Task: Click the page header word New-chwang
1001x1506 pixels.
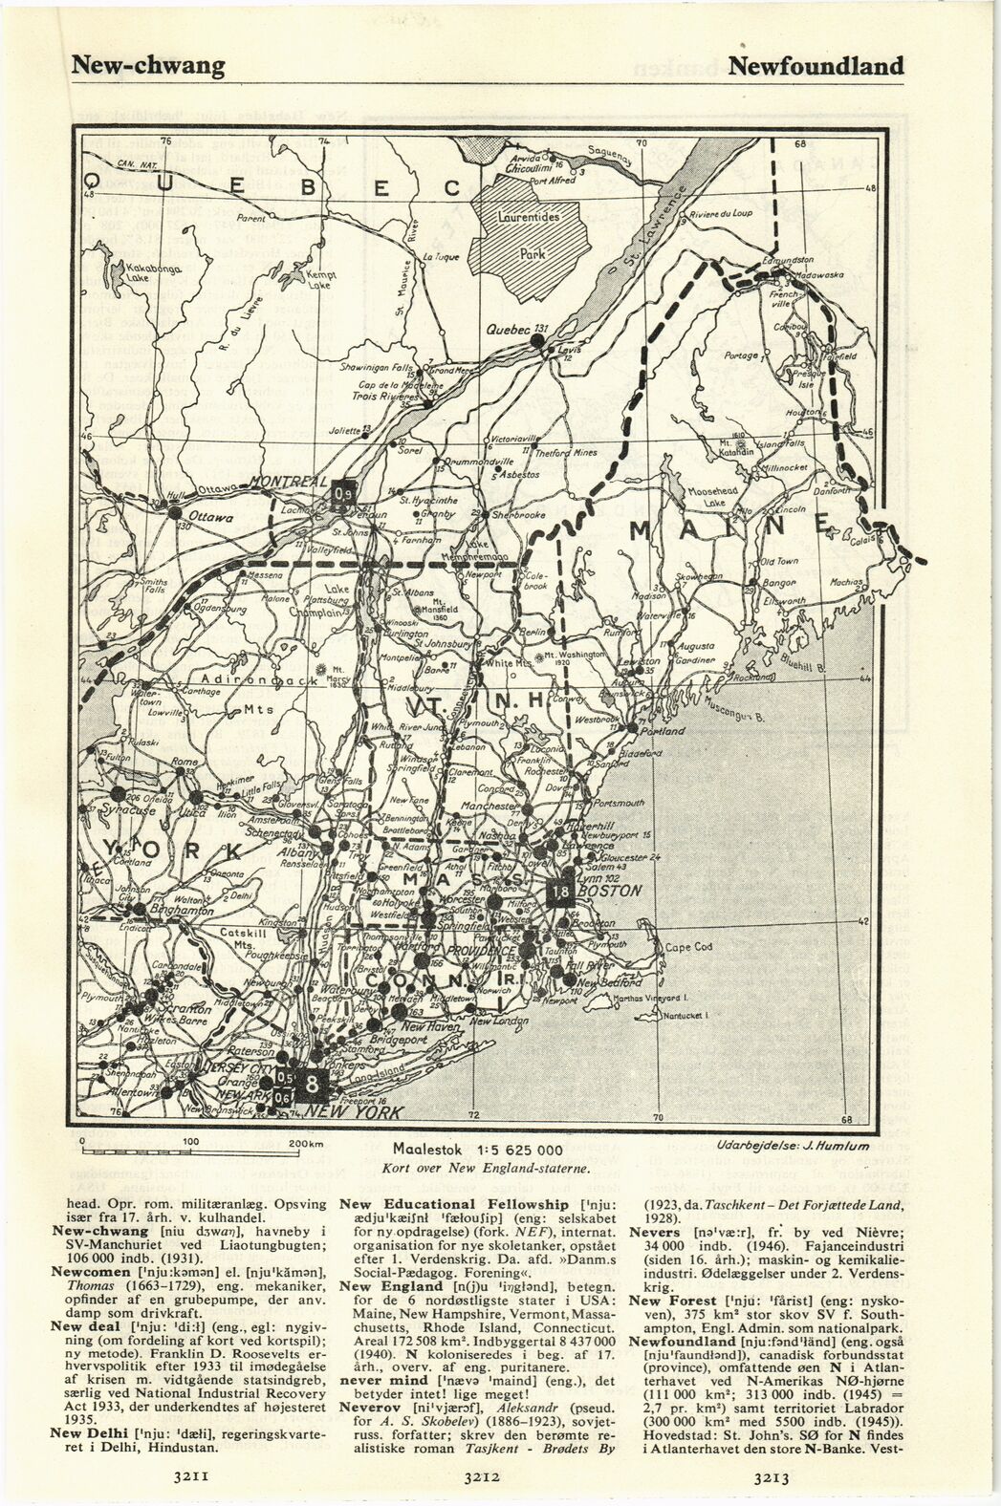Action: click(149, 66)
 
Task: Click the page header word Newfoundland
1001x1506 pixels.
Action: click(815, 66)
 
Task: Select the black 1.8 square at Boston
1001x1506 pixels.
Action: click(561, 891)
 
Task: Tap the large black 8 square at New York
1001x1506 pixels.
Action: click(313, 1084)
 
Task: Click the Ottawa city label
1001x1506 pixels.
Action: click(211, 517)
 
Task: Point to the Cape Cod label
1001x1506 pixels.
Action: click(689, 948)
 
